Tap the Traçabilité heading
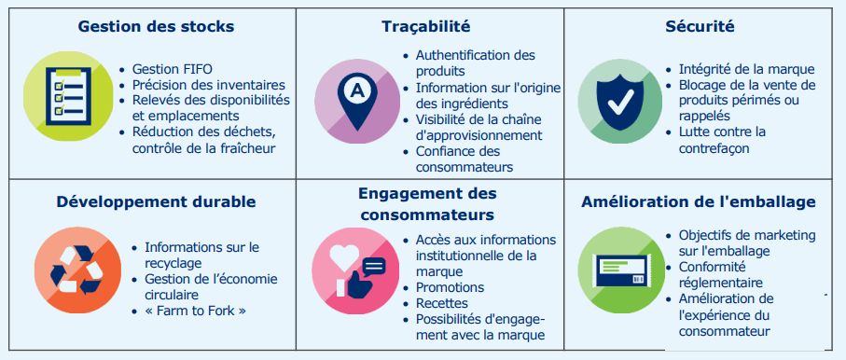tap(425, 26)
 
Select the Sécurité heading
tap(702, 26)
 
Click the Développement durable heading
tap(156, 201)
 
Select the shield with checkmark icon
tap(616, 104)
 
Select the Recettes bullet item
tap(443, 303)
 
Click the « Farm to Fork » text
tap(196, 310)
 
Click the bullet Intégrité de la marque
tap(746, 69)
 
